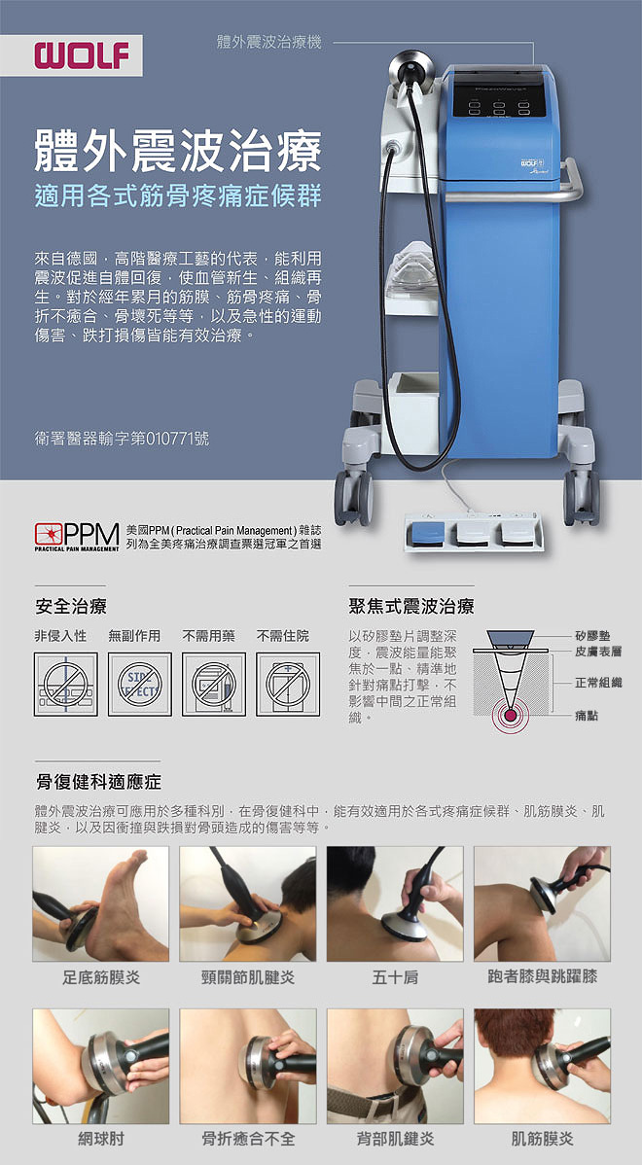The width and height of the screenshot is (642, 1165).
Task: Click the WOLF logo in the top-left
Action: (x=83, y=55)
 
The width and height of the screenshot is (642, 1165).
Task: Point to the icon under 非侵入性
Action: (x=66, y=684)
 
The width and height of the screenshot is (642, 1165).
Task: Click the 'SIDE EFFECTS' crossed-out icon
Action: (x=140, y=684)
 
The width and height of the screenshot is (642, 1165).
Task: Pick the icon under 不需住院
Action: (x=288, y=684)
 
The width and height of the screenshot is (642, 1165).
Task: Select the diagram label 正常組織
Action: (x=598, y=683)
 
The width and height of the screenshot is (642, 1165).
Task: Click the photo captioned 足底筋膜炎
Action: (x=100, y=903)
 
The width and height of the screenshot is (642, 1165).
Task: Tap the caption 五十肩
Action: (x=395, y=976)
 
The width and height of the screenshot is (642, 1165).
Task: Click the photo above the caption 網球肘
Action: (x=100, y=1066)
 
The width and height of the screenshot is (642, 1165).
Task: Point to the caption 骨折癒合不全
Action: (x=248, y=1139)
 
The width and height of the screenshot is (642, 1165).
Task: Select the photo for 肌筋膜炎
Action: (x=542, y=1066)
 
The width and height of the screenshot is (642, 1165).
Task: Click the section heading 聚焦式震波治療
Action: (x=411, y=607)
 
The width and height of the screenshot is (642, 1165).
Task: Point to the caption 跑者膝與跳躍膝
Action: (x=542, y=976)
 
